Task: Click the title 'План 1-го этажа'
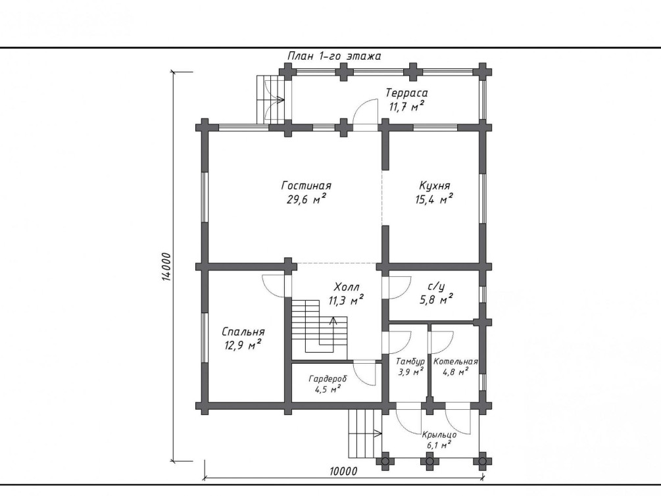pos(334,56)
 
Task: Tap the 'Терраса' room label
pos(407,93)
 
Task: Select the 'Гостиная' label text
pos(306,186)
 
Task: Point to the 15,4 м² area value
pos(435,199)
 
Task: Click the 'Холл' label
pos(347,287)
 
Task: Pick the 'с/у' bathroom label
pos(436,287)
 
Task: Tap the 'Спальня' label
pos(243,332)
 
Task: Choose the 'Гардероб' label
pos(328,378)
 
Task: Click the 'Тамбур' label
pos(410,362)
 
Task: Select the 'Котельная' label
pos(455,362)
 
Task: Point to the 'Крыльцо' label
pos(439,435)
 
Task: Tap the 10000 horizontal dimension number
pos(343,471)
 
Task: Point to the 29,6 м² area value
pos(306,199)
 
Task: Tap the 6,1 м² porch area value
pos(439,445)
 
